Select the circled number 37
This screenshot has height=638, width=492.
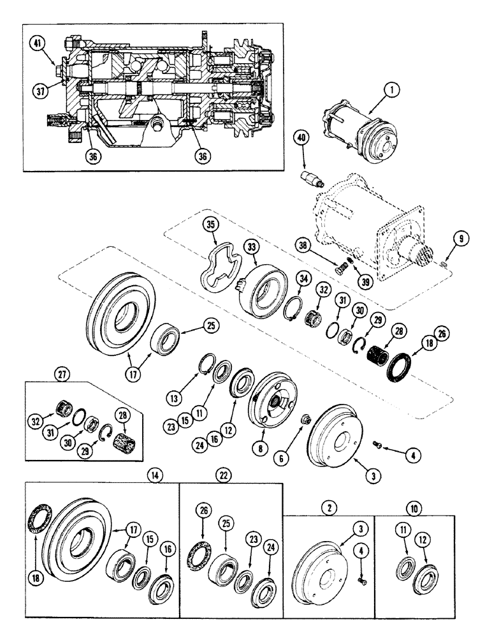click(x=40, y=91)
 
